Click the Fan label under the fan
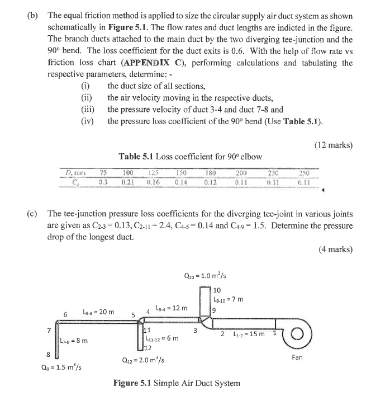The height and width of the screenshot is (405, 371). click(x=297, y=357)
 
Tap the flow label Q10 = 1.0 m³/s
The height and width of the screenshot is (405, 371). click(x=205, y=275)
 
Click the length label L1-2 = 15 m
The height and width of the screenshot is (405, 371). click(x=249, y=334)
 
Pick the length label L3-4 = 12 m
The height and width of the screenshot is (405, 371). click(x=172, y=308)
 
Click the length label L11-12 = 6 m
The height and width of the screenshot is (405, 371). click(x=161, y=338)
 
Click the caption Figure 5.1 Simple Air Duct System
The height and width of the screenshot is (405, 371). click(x=177, y=383)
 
